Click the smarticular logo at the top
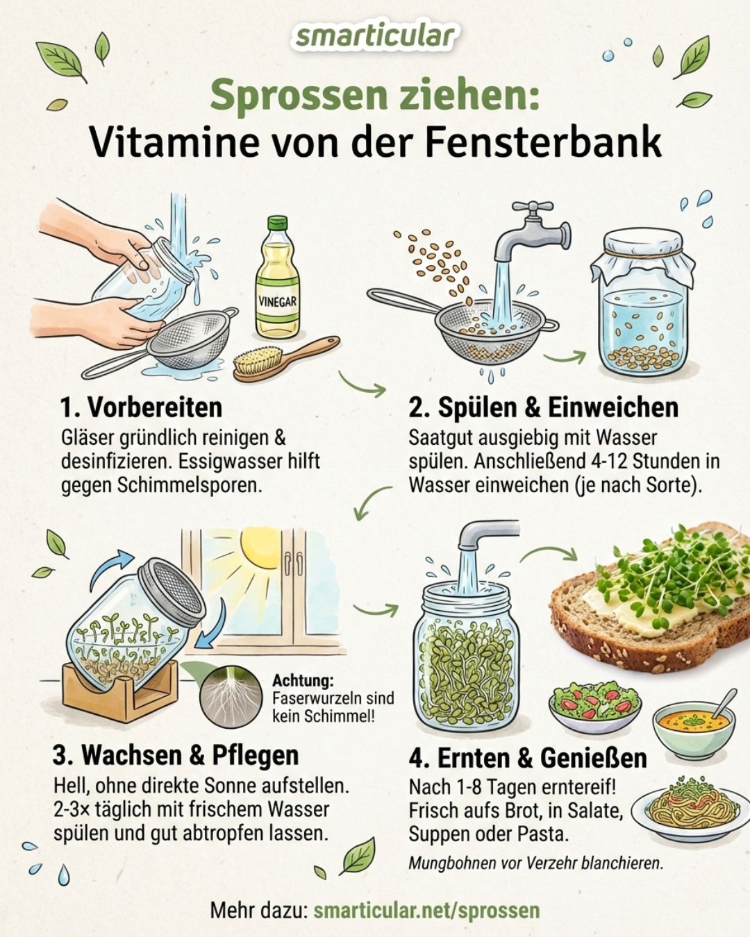(375, 36)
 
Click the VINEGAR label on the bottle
(277, 301)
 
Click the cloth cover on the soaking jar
(643, 256)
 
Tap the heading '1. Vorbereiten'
(141, 407)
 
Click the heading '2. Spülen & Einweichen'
(543, 407)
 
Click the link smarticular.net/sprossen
(426, 909)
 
